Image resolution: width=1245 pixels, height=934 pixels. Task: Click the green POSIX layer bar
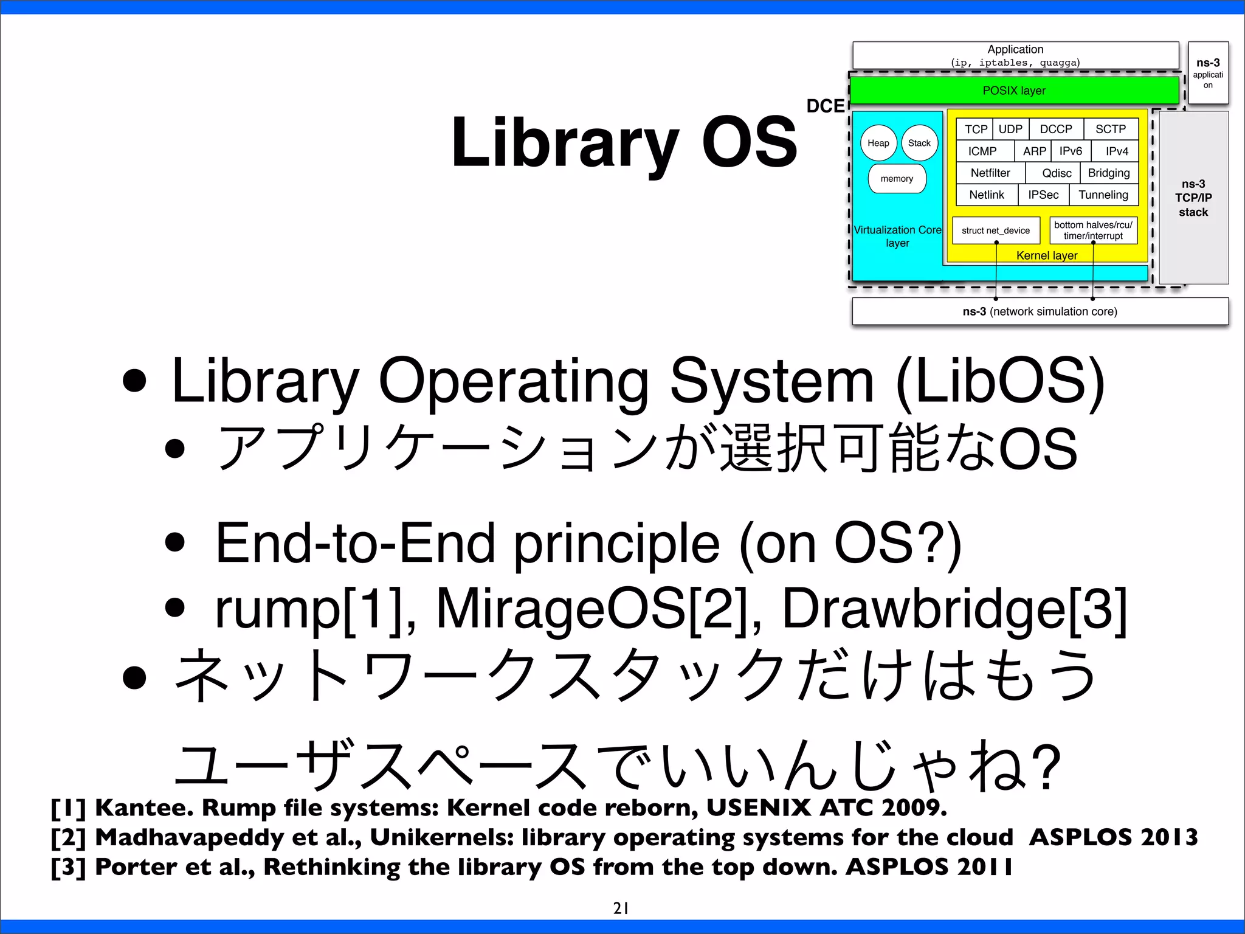pos(1014,91)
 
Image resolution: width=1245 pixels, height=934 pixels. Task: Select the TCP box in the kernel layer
pos(976,129)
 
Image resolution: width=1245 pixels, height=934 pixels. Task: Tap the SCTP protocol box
pos(1111,129)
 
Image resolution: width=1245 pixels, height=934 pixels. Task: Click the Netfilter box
pos(990,173)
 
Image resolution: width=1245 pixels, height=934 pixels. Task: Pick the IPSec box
pos(1043,195)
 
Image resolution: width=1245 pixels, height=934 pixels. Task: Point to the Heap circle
pos(878,143)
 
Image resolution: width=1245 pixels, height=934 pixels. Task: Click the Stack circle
pos(919,143)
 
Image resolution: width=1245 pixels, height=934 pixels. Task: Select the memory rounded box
pos(897,179)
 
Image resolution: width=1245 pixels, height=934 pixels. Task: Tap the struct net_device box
pos(996,230)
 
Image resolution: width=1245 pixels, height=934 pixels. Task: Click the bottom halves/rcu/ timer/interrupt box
pos(1093,230)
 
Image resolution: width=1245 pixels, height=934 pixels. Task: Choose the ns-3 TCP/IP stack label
pos(1193,198)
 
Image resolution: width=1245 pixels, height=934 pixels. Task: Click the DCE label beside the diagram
pos(825,106)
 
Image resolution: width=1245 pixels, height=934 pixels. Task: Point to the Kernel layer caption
pos(1047,255)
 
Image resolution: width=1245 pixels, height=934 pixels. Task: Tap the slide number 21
pos(621,908)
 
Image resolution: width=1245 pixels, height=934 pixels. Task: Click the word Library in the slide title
pos(565,143)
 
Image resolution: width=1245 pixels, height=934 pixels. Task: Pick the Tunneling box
pos(1103,195)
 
